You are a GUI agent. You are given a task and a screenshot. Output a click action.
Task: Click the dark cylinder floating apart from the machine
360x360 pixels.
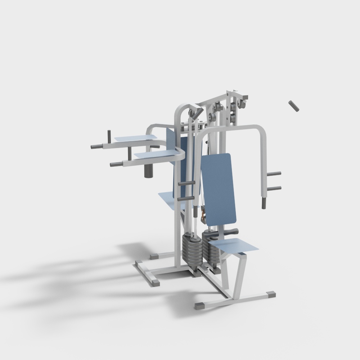294,107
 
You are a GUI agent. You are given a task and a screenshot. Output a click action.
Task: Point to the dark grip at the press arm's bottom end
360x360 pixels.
264,203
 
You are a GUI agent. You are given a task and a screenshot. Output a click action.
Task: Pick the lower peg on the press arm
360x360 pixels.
274,188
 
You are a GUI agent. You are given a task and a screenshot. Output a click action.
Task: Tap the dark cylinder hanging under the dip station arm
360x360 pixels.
149,171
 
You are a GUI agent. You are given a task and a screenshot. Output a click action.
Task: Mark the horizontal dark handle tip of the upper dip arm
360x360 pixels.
96,147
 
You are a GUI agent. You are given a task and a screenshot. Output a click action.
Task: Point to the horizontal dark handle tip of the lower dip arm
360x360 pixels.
116,165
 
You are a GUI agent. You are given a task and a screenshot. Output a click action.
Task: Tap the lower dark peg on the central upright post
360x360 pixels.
186,198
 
